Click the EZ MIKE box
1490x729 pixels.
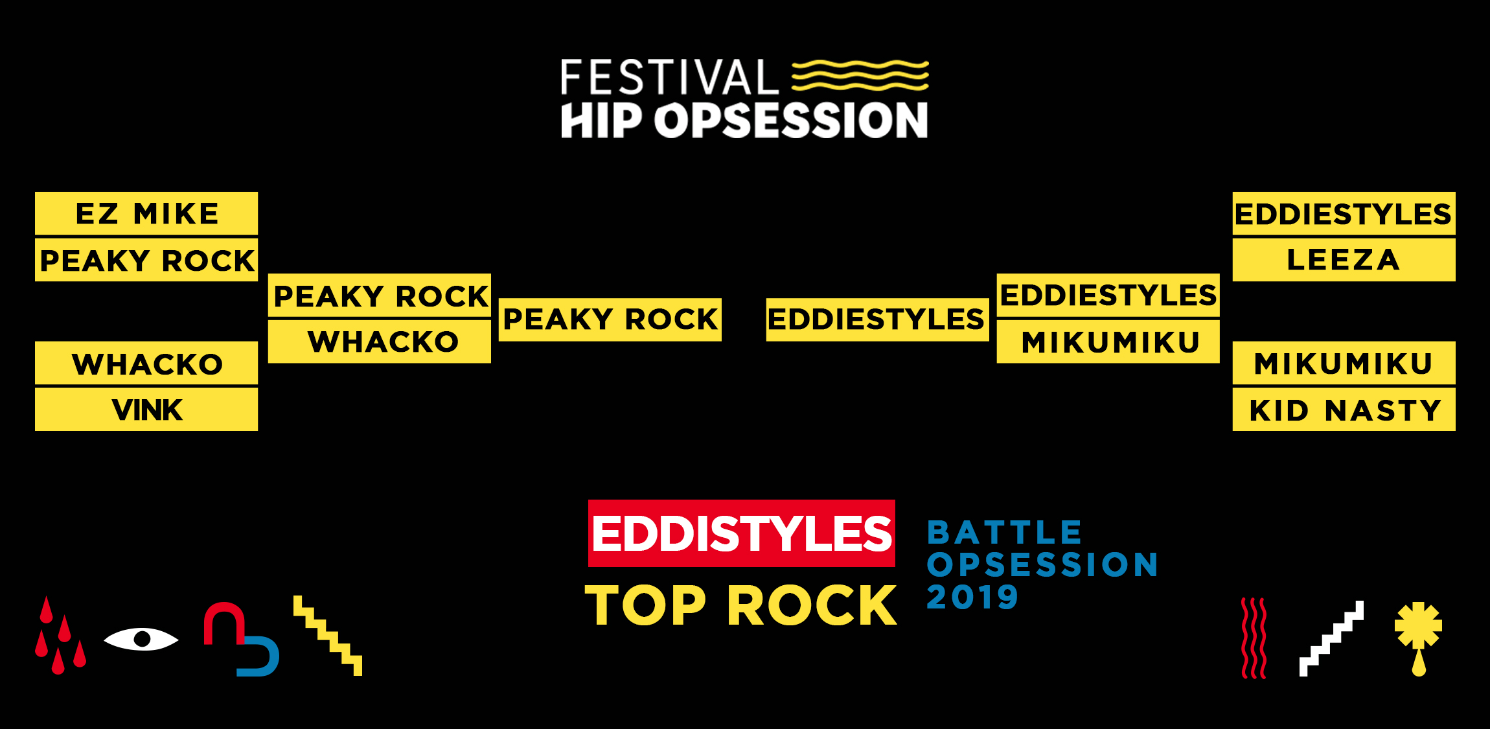[x=146, y=213]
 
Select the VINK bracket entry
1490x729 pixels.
[x=146, y=410]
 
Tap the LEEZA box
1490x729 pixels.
[x=1344, y=260]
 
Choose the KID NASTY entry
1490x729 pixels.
[x=1344, y=410]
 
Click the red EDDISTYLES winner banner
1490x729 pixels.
[x=741, y=533]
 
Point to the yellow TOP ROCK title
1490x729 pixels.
[x=741, y=605]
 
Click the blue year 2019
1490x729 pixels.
[x=972, y=597]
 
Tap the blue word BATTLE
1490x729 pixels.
[x=1004, y=533]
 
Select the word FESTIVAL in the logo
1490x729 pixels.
[x=669, y=78]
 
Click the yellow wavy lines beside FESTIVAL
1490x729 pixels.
[x=860, y=76]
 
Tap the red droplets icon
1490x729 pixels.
[x=60, y=636]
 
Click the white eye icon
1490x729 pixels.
[x=141, y=639]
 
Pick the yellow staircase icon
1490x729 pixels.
[x=328, y=636]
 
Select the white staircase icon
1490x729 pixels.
[x=1331, y=638]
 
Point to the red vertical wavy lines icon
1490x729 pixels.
[x=1254, y=638]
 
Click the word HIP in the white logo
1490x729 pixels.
[x=602, y=121]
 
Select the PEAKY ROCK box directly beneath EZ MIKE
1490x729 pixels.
[x=146, y=260]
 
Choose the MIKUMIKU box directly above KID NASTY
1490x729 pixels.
[x=1344, y=363]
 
